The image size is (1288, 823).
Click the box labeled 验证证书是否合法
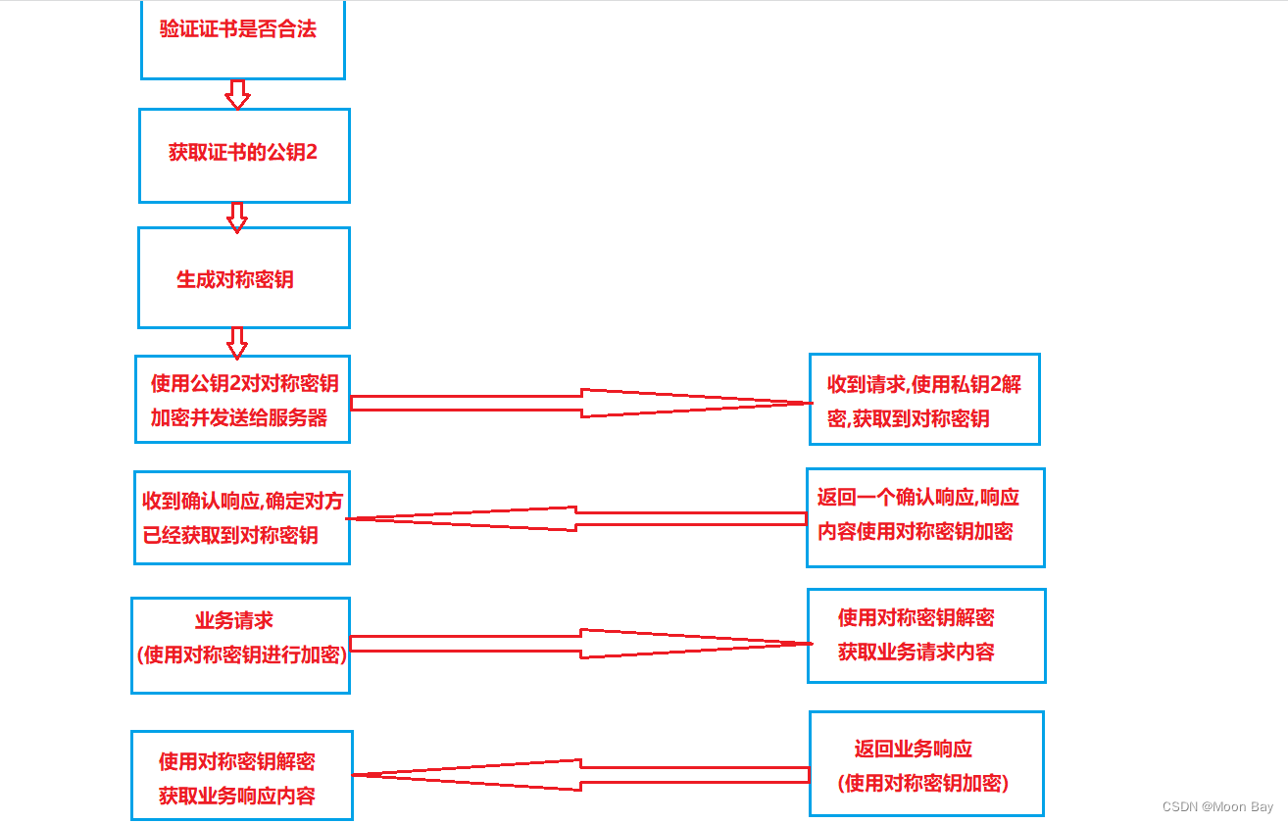243,39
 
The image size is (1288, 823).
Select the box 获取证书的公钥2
243,155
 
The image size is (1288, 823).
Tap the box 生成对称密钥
243,278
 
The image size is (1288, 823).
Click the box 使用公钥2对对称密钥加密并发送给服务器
243,400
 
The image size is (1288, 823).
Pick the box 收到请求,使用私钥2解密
923,400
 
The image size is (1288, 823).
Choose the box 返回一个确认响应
925,516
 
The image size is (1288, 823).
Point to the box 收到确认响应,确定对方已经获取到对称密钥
241,516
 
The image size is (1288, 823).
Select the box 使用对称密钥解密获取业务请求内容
925,635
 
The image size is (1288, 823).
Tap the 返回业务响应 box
925,764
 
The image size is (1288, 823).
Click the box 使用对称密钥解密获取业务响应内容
241,776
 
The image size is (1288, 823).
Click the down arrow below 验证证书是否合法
237,94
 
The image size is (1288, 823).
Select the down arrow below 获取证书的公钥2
236,217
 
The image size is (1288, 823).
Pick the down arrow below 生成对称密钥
236,342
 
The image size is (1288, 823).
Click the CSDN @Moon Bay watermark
1217,806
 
